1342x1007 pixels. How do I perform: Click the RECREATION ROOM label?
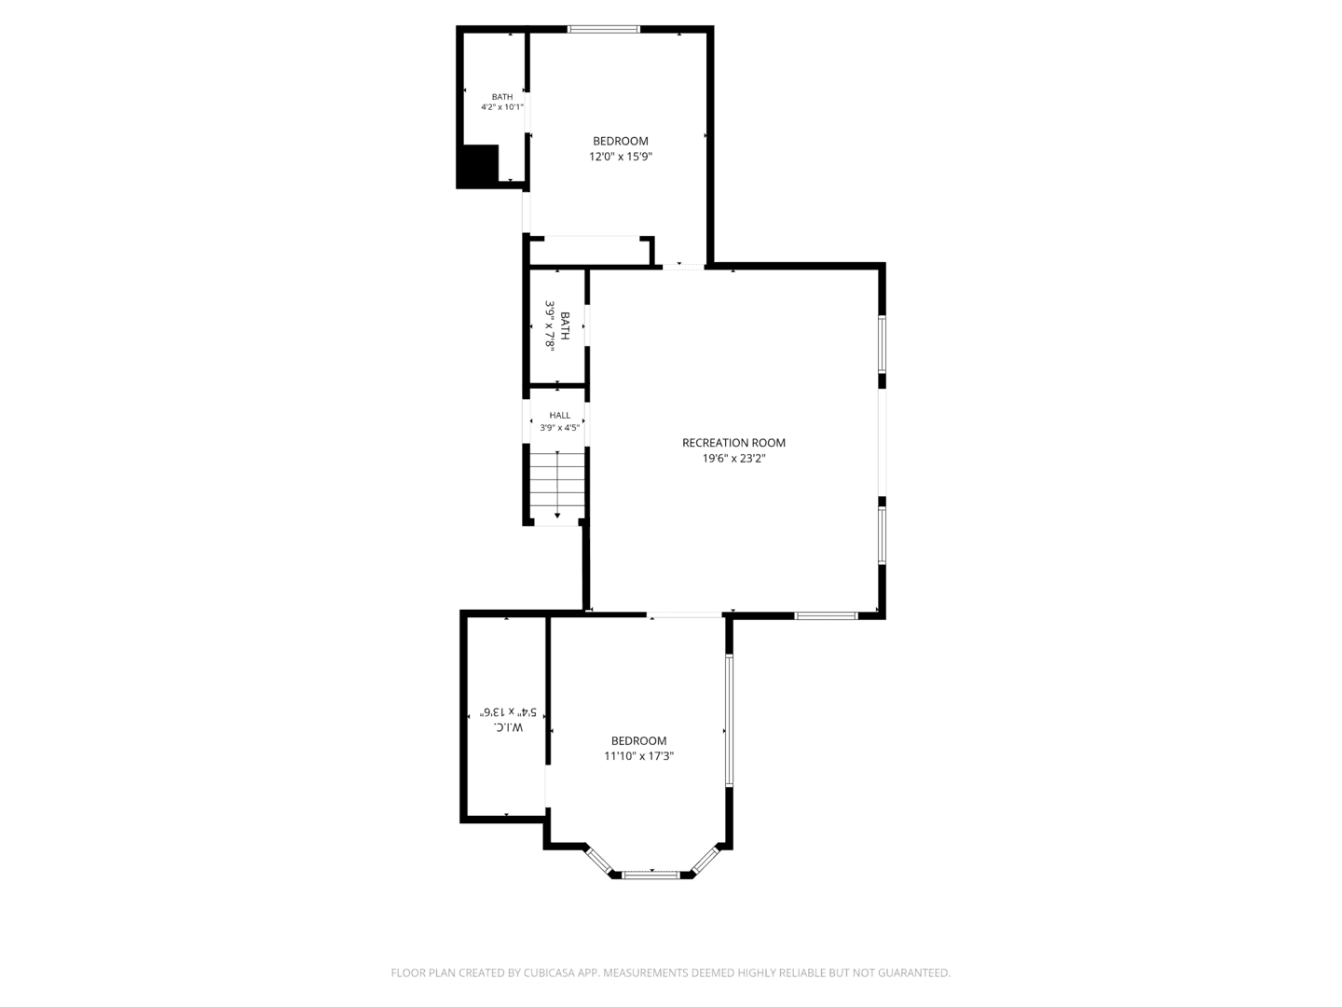[733, 442]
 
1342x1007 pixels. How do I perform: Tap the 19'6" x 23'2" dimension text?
[733, 458]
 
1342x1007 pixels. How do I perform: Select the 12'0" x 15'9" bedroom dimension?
[621, 157]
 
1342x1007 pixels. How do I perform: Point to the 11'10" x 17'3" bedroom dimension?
[639, 755]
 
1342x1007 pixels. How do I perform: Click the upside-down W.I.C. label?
[508, 727]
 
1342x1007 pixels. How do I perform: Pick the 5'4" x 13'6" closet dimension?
[508, 711]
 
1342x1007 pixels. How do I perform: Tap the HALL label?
[559, 415]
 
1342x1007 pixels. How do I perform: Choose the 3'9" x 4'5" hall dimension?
[559, 427]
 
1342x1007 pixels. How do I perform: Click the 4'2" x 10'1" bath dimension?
[502, 107]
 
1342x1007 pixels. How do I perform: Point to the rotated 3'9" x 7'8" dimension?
[550, 324]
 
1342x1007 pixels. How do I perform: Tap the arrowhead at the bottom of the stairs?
[557, 516]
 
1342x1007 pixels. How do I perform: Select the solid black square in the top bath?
[478, 166]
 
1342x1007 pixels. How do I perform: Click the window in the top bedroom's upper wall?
[604, 29]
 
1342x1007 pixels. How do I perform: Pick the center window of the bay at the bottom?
[651, 875]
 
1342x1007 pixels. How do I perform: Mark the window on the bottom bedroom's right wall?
[729, 720]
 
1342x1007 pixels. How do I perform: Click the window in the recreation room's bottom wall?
[826, 615]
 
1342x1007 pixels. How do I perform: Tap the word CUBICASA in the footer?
[548, 973]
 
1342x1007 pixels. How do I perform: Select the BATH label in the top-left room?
[502, 97]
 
